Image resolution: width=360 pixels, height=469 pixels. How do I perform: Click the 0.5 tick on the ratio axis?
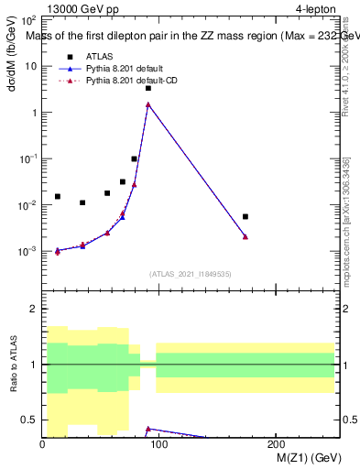pos(27,420)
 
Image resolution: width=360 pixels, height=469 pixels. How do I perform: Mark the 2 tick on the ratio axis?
pos(33,310)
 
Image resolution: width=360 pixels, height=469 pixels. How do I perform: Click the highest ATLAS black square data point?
pos(148,88)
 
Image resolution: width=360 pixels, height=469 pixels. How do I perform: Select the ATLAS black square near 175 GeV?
pos(245,216)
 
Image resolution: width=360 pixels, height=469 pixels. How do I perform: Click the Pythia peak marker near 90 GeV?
pos(148,104)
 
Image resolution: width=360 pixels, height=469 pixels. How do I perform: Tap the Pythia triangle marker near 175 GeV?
pos(245,236)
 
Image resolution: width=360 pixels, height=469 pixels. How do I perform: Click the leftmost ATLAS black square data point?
pos(57,196)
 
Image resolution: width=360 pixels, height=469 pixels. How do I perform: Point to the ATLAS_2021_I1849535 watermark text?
pos(191,273)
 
